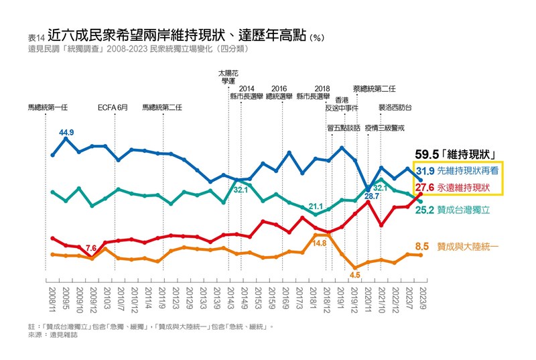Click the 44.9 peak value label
pyautogui.click(x=66, y=133)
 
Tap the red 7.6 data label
pyautogui.click(x=92, y=248)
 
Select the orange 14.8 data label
pyautogui.click(x=320, y=243)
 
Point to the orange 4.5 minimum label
pyautogui.click(x=355, y=275)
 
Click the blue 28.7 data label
pyautogui.click(x=372, y=196)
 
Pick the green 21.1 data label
pyautogui.click(x=316, y=206)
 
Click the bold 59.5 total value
pyautogui.click(x=429, y=154)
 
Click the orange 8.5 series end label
pyautogui.click(x=422, y=247)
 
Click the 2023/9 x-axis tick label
pyautogui.click(x=421, y=299)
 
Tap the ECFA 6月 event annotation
pyautogui.click(x=113, y=107)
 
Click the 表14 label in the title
pyautogui.click(x=36, y=38)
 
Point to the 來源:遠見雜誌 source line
pyautogui.click(x=54, y=334)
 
